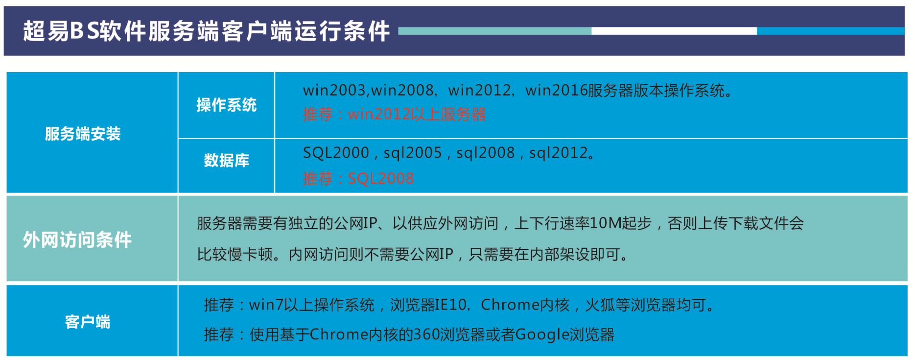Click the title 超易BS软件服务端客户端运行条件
tap(206, 31)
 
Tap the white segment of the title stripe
tap(674, 31)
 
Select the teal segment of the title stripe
tap(495, 31)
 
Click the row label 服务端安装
tap(83, 133)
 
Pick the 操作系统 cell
tap(226, 105)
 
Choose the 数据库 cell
tap(226, 160)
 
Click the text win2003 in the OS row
tap(334, 90)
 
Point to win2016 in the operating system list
tap(556, 90)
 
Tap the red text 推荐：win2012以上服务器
tap(394, 114)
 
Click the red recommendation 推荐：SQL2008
tap(358, 178)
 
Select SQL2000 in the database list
tap(336, 153)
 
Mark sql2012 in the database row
tap(559, 153)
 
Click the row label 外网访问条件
tap(77, 240)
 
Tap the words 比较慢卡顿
tap(235, 254)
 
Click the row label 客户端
tap(88, 321)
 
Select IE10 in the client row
tap(451, 305)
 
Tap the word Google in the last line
tap(542, 335)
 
